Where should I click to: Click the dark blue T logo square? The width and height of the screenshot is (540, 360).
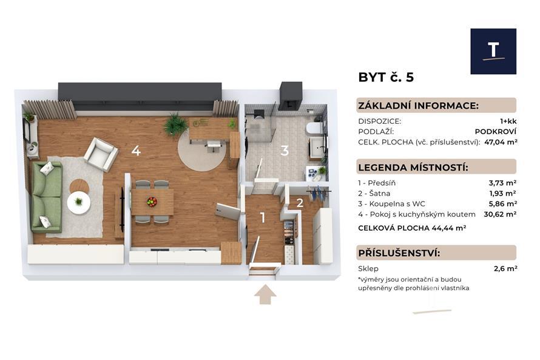point(493,52)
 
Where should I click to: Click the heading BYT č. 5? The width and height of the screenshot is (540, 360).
point(386,77)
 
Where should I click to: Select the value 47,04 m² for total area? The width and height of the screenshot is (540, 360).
point(501,142)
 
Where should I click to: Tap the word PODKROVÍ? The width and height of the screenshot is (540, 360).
point(496,132)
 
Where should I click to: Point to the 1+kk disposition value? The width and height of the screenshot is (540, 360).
point(508,121)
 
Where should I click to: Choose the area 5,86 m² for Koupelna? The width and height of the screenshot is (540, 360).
point(502,203)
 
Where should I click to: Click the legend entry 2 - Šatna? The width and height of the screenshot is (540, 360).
point(374,193)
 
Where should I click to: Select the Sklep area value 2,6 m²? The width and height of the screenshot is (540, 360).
point(505,268)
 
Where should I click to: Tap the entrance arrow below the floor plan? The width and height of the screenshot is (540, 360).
point(265,294)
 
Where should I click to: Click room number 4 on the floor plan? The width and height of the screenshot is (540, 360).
point(136,151)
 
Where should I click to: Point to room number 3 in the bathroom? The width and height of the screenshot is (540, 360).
point(285,151)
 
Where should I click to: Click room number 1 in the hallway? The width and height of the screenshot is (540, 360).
point(263,218)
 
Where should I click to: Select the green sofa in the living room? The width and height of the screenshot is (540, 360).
point(47,197)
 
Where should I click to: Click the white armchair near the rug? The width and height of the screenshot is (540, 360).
point(101,155)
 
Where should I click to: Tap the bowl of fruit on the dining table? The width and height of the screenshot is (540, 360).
point(152,202)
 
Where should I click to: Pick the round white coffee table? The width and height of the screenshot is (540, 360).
point(79,203)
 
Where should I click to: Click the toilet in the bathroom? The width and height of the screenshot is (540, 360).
point(314,128)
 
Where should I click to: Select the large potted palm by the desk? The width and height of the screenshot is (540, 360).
point(175,124)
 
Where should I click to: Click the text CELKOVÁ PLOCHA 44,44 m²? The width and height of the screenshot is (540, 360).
point(412,228)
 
